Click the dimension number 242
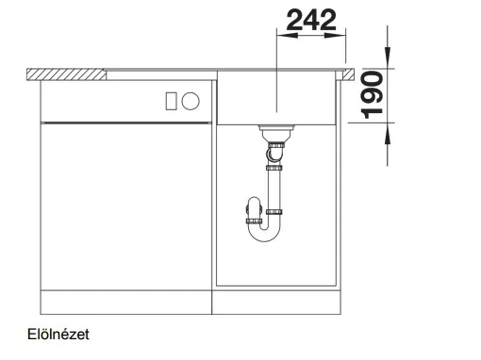[311, 20]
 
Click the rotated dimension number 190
[372, 95]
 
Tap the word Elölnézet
[58, 335]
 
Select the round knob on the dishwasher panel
[191, 101]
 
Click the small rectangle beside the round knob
[171, 101]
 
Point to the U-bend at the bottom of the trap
[264, 234]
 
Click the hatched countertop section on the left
[66, 74]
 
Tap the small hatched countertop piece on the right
[348, 74]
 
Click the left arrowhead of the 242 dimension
[287, 36]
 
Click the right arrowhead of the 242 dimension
[335, 36]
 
